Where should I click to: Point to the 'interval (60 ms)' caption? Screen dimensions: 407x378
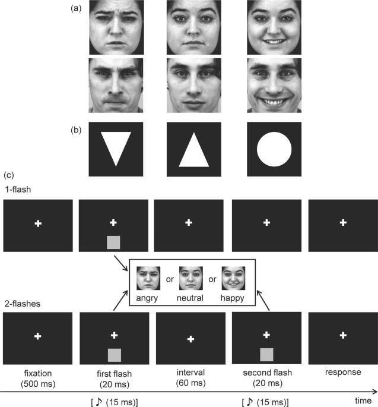pos(190,378)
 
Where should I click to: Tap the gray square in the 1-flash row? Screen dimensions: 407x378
pos(113,242)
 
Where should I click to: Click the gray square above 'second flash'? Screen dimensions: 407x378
pos(266,355)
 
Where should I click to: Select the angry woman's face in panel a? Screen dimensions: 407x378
pos(116,27)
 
